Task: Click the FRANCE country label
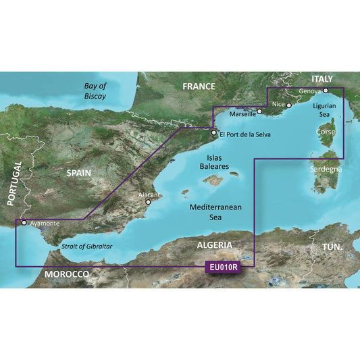coord(199,86)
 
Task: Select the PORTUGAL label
coord(10,183)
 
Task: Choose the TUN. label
coord(332,248)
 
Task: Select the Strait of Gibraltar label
coord(86,247)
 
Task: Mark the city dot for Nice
coord(288,105)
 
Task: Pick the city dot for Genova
coord(326,91)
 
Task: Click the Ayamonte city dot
coord(24,222)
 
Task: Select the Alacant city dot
coord(149,201)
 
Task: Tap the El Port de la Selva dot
coord(214,133)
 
